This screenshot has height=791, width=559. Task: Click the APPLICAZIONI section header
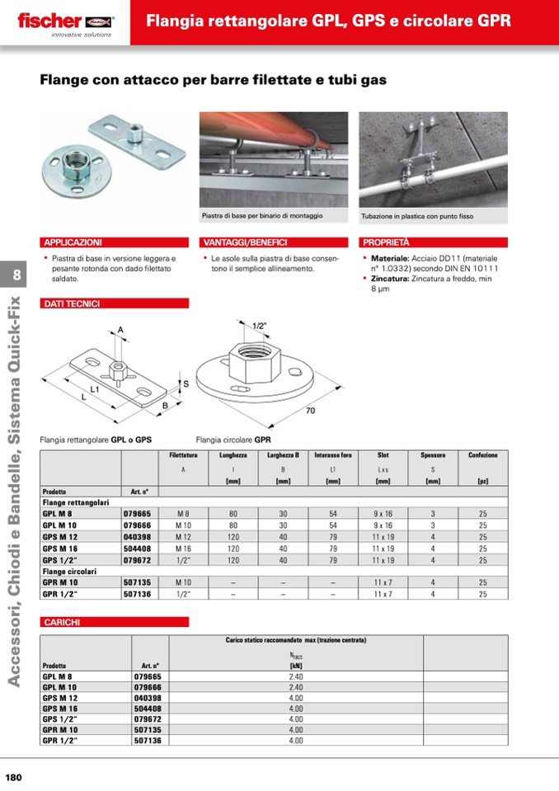point(73,242)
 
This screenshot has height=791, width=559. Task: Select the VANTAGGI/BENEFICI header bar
point(245,242)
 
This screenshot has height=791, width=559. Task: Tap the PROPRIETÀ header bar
point(386,242)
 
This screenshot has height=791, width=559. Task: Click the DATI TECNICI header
point(71,304)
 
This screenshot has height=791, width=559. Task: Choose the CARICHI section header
point(61,621)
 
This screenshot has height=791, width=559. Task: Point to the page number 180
point(14,776)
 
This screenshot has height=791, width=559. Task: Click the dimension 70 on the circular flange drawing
point(310,410)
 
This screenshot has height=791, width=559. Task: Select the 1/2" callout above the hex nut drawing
point(259,326)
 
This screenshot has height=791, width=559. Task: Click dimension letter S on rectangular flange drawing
point(186,384)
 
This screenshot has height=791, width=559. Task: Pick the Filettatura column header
point(183,455)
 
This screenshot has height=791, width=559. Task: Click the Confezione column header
point(482,455)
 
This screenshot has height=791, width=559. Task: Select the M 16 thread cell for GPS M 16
point(183,548)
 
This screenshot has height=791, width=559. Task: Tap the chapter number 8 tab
point(17,275)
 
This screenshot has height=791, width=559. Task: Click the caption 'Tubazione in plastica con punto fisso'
point(416,217)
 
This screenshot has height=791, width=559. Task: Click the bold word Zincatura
point(388,279)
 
